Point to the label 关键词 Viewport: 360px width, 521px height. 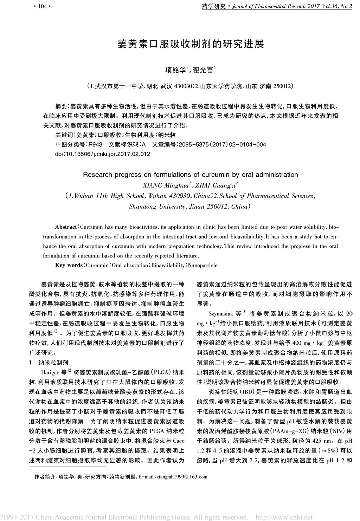63,135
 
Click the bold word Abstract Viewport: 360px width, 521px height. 66,227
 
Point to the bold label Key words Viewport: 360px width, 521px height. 69,265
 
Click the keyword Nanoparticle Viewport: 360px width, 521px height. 202,265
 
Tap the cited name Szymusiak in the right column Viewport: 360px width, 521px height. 221,313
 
